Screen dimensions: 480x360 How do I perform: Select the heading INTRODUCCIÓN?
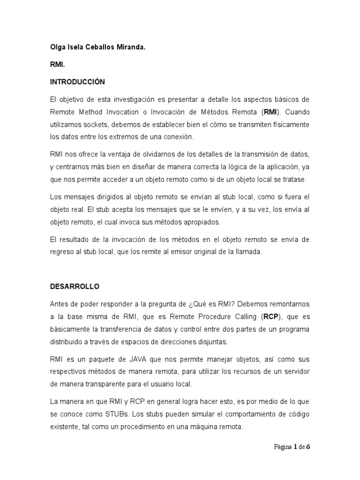(x=77, y=82)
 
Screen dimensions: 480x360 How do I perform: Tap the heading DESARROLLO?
(x=75, y=286)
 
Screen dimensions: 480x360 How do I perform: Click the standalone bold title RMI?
(x=58, y=64)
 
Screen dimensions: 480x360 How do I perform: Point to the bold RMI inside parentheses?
(x=270, y=112)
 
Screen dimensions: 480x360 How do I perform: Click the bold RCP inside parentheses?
(x=271, y=316)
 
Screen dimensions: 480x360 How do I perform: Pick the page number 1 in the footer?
(x=296, y=447)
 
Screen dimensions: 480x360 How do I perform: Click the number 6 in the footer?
(x=308, y=447)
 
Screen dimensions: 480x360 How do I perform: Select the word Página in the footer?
(x=283, y=447)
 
